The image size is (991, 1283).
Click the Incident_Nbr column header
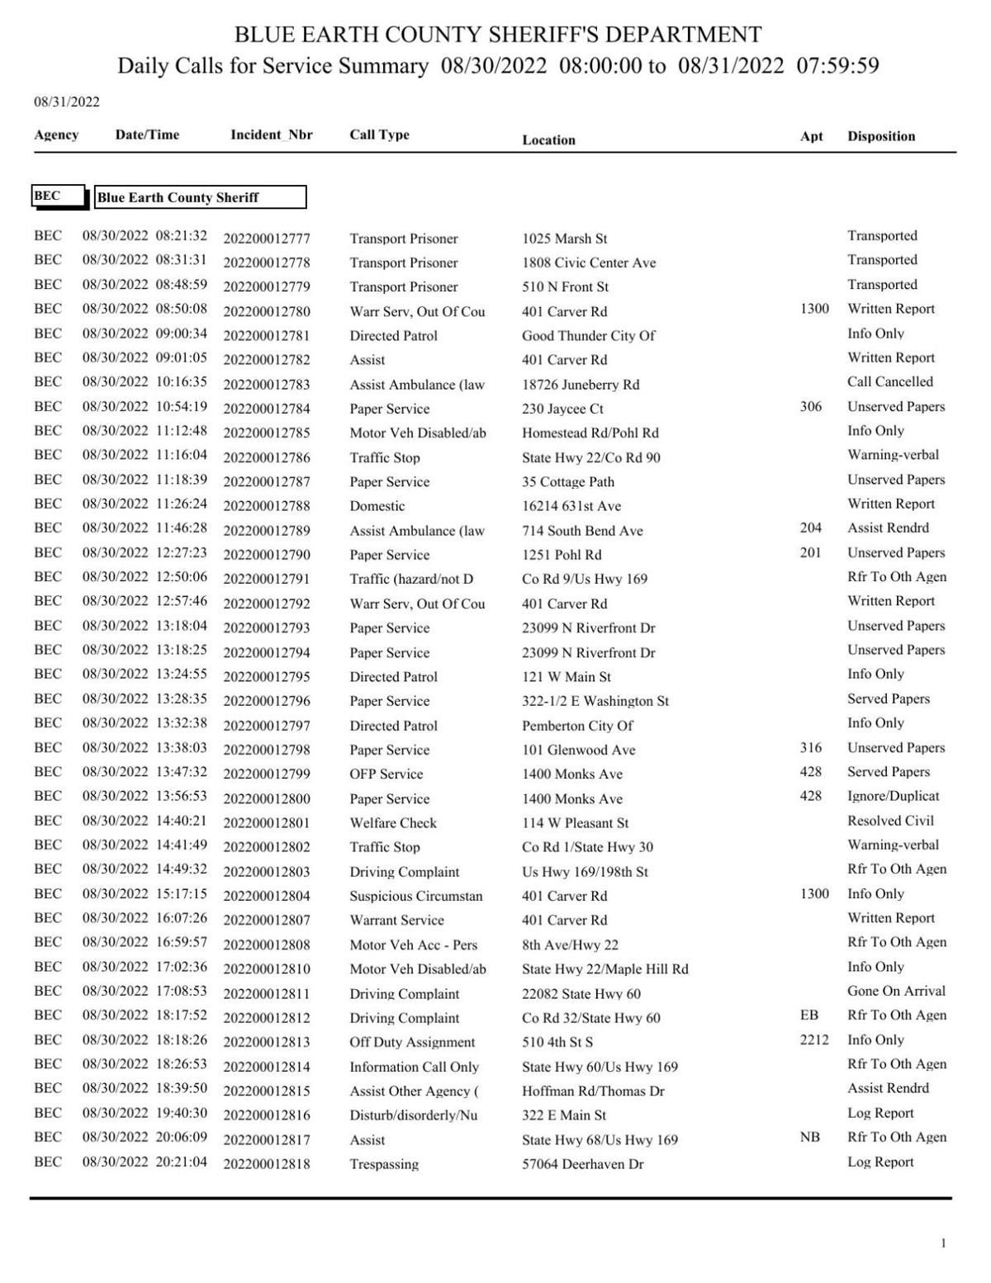point(271,135)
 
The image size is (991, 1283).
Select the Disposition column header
point(880,136)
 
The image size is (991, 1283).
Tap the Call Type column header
point(379,135)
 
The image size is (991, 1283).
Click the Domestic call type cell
point(377,506)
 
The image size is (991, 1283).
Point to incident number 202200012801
point(267,823)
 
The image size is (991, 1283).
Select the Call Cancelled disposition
point(889,382)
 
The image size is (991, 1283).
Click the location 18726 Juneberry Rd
point(580,385)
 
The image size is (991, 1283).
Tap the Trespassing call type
point(383,1164)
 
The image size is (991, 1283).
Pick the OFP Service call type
point(386,774)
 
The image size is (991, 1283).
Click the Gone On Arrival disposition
point(896,991)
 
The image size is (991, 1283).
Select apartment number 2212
point(813,1039)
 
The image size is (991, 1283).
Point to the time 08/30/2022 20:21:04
point(145,1162)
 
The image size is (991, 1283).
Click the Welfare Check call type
point(393,823)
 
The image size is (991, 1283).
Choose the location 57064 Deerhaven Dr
point(582,1164)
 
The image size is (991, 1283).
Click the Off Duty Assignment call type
point(412,1042)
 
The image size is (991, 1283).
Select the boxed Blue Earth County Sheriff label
point(200,197)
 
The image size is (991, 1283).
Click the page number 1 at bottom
point(943,1243)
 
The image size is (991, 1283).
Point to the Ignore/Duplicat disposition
point(893,796)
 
